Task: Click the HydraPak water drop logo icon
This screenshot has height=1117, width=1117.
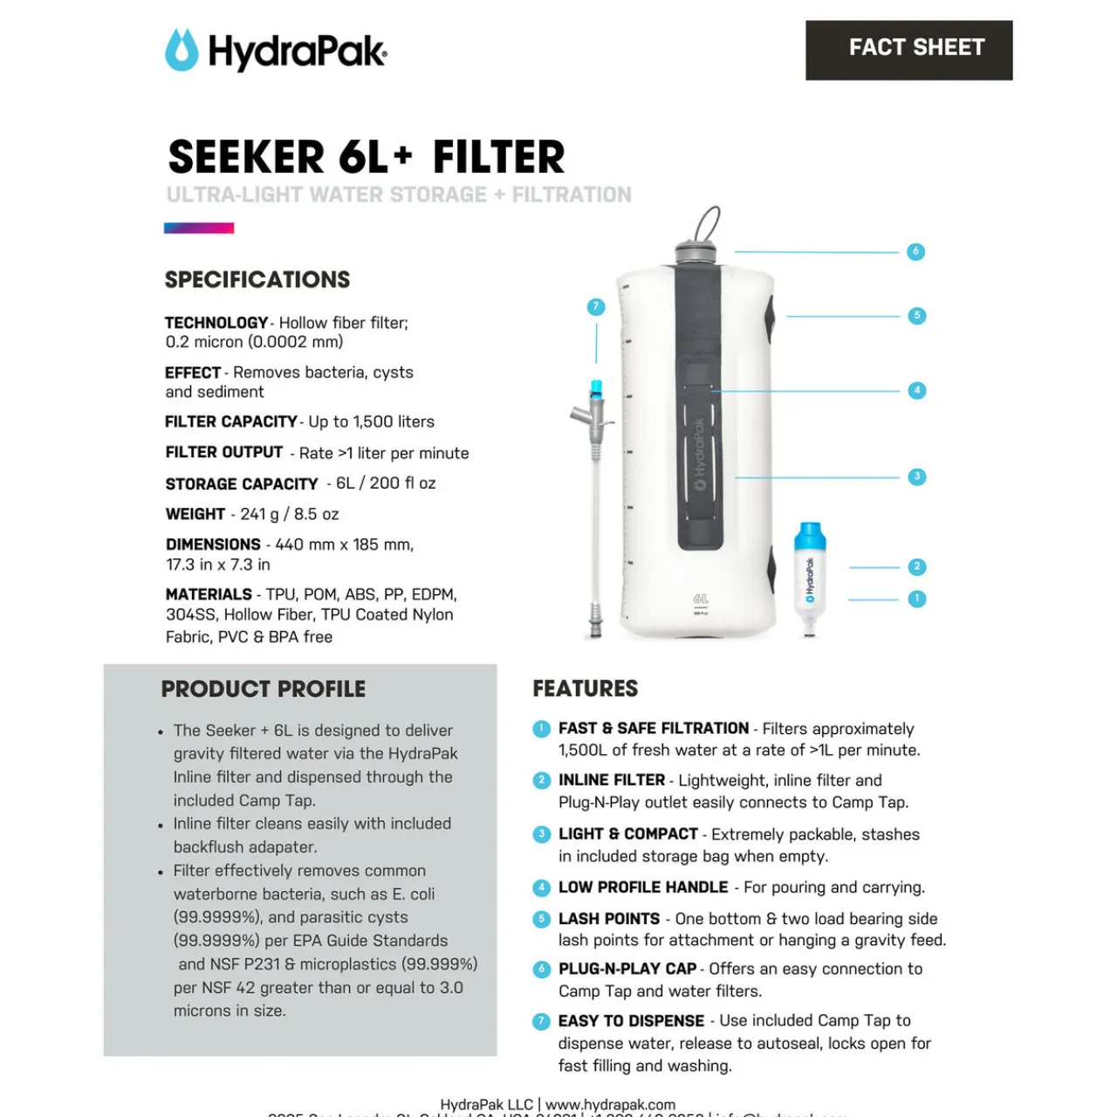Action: tap(182, 50)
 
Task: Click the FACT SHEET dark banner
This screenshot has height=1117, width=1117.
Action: tap(908, 50)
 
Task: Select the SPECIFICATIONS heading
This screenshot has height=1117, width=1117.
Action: tap(257, 280)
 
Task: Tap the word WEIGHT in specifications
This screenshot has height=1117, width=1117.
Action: tap(195, 514)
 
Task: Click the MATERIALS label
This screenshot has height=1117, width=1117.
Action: tap(209, 594)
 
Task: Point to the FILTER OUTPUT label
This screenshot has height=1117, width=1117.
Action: tap(224, 452)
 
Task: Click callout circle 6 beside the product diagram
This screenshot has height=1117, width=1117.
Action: tap(915, 251)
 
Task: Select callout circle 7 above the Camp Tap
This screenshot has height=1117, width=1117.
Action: tap(596, 306)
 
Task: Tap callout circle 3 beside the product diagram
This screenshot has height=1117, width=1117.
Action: tap(916, 476)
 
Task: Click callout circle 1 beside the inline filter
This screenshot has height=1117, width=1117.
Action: tap(916, 599)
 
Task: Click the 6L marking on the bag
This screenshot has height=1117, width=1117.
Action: tap(701, 600)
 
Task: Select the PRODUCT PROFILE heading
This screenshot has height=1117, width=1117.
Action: tap(264, 689)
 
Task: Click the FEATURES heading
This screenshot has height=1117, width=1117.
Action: tap(586, 689)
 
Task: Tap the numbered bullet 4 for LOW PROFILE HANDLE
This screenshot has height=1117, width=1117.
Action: tap(541, 887)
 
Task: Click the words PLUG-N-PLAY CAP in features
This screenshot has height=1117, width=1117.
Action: tap(627, 969)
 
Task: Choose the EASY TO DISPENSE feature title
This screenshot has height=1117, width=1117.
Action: tap(631, 1021)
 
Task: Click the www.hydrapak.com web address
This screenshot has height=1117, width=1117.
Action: tap(610, 1105)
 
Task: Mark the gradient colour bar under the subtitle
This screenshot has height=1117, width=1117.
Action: tap(199, 229)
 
